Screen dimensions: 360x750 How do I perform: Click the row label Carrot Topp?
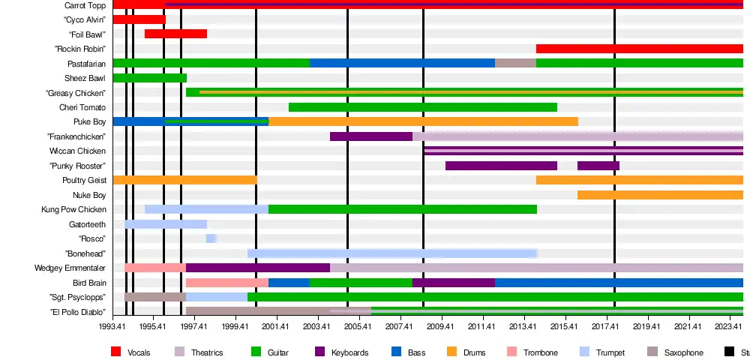(85, 5)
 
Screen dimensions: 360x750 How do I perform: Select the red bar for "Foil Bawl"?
(175, 34)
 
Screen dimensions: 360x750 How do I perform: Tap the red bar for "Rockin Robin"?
(639, 49)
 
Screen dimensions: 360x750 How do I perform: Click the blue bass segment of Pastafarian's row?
(402, 63)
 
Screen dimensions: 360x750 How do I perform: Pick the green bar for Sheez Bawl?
(149, 78)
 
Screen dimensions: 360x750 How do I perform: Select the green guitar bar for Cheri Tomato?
(422, 107)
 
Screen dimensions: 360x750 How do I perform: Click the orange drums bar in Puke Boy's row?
(423, 121)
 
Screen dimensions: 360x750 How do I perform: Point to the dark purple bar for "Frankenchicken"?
(370, 136)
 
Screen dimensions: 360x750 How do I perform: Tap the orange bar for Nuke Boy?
(660, 195)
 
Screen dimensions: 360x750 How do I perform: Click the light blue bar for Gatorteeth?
(165, 224)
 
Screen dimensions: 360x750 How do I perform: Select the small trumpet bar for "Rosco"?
(211, 238)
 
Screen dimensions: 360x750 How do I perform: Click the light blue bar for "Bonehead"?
(391, 253)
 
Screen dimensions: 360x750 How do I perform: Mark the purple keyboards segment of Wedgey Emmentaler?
(257, 268)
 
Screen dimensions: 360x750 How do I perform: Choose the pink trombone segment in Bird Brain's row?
(226, 283)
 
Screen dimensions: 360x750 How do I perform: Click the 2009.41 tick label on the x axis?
(440, 327)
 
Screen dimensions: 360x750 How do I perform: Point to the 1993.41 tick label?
(112, 327)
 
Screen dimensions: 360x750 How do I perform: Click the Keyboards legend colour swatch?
(319, 352)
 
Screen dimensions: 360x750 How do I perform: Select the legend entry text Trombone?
(541, 352)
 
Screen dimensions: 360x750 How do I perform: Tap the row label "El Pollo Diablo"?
(77, 312)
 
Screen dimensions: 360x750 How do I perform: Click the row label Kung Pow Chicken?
(73, 209)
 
